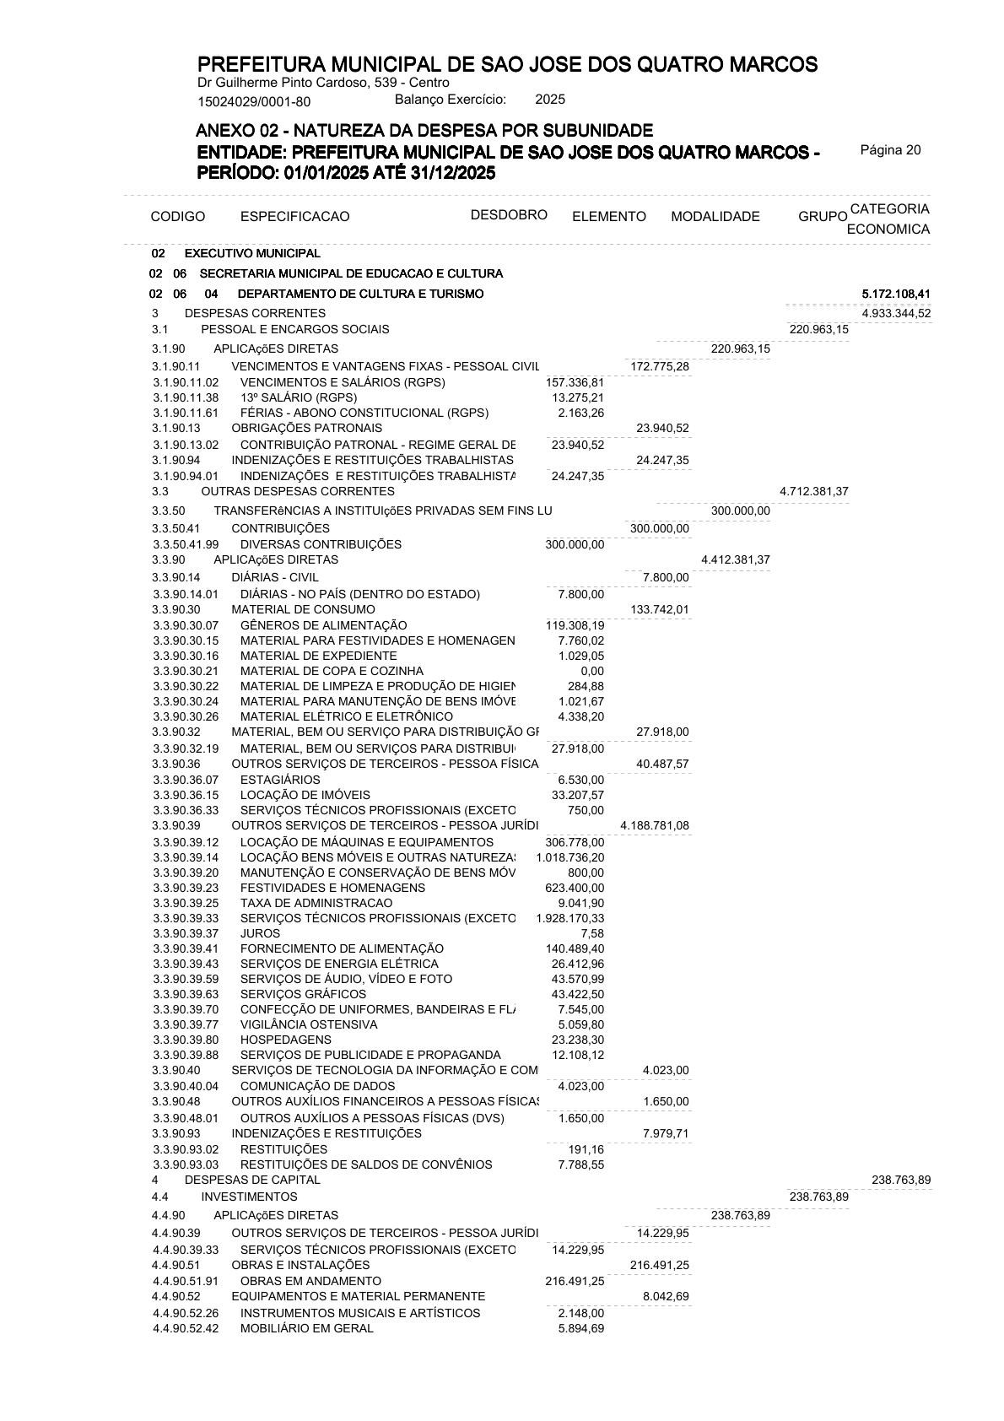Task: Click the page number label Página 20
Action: pos(890,150)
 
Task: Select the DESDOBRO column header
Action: pos(509,214)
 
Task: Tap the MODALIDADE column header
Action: pos(715,217)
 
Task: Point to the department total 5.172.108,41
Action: pos(896,294)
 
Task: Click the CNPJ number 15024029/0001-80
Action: pos(254,102)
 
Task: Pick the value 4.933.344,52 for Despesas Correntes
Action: pos(896,313)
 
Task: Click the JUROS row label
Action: pos(260,933)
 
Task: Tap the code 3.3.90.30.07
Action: pos(186,625)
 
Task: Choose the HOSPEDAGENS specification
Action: pos(286,1040)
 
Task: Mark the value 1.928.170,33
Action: pos(569,918)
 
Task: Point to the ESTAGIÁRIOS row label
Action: pos(280,780)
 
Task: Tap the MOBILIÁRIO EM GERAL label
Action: pos(306,1328)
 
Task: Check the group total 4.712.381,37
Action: pos(814,491)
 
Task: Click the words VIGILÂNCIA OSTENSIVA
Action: pos(309,1024)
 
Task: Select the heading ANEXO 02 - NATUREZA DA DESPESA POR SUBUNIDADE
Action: pos(424,131)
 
